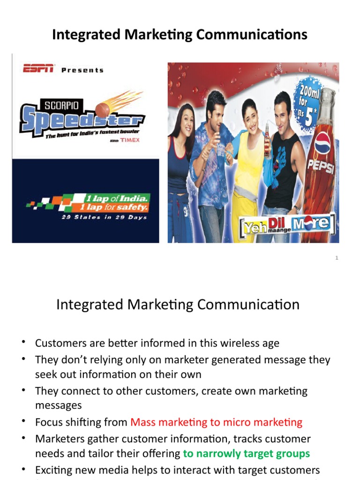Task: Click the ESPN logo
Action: point(38,69)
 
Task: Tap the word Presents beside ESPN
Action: point(82,70)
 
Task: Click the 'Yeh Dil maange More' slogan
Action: point(286,223)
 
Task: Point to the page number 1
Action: point(337,258)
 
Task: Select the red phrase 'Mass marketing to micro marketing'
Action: point(216,422)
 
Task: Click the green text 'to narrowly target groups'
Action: point(246,453)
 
